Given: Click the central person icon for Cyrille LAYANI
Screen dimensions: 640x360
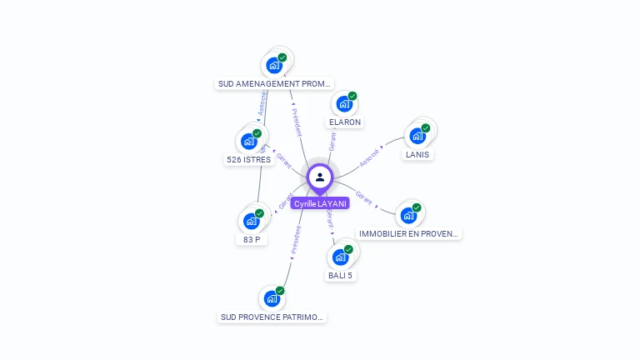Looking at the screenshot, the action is click(x=320, y=177).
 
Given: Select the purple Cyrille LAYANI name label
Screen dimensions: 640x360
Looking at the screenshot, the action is click(x=320, y=203).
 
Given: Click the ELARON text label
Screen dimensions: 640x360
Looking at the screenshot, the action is click(x=345, y=122).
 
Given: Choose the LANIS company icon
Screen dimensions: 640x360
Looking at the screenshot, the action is click(x=417, y=136).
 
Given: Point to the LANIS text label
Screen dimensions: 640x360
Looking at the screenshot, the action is click(x=417, y=154).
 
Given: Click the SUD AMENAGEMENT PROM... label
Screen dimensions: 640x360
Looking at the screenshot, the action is click(x=274, y=83).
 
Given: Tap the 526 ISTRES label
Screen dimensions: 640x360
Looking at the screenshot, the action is click(x=248, y=159).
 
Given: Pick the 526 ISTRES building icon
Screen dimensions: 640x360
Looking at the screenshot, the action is click(x=248, y=141).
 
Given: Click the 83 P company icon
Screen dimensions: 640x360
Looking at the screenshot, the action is click(x=251, y=221).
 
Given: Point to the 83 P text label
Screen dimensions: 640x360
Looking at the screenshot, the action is click(x=252, y=239).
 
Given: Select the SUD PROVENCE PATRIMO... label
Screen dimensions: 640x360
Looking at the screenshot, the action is click(x=272, y=317).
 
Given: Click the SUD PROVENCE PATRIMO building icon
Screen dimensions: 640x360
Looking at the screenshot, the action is click(x=272, y=298).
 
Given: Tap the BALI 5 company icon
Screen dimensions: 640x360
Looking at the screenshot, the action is click(x=340, y=257).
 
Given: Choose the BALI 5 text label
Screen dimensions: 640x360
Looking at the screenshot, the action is click(x=340, y=275).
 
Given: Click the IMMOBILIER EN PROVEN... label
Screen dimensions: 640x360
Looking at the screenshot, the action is click(x=408, y=234).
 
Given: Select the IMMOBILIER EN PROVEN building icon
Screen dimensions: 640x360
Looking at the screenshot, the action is click(x=408, y=215).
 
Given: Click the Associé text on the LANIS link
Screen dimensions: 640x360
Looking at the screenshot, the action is click(x=369, y=154).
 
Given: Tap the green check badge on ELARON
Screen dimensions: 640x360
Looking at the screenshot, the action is click(x=352, y=96).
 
